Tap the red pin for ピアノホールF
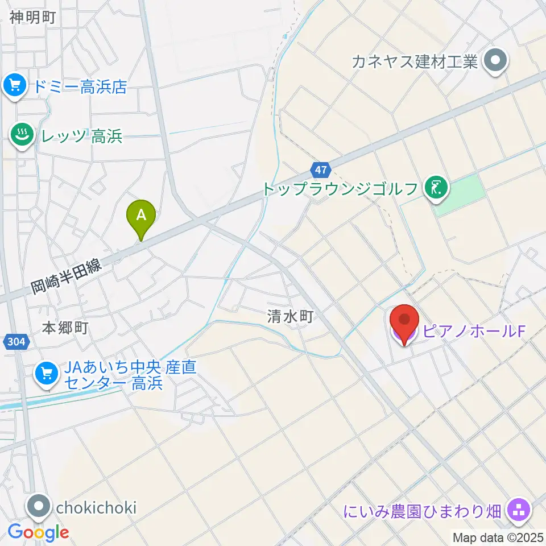(405, 323)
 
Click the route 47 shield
(320, 169)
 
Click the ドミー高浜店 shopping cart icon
(14, 86)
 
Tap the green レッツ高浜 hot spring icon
(22, 136)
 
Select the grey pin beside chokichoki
(40, 507)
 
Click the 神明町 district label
(32, 17)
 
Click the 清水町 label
(291, 316)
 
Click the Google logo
(38, 532)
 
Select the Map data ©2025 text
(498, 537)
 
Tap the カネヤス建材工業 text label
(415, 61)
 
